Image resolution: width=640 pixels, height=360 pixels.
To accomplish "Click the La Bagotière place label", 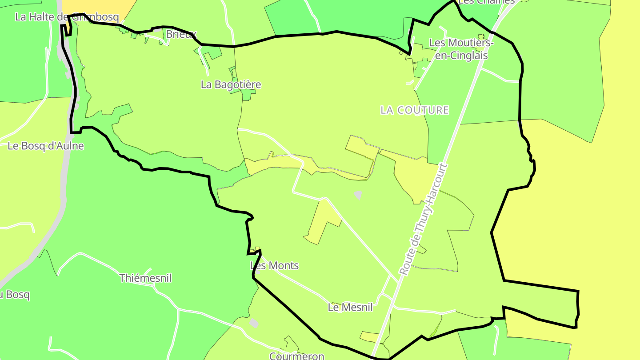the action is tap(231, 84).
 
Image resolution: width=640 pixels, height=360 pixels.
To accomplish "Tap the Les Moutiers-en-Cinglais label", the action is tap(461, 49).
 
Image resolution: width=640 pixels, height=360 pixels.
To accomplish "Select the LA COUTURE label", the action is tap(415, 110).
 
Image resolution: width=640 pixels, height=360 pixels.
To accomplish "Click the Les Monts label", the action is tap(274, 266).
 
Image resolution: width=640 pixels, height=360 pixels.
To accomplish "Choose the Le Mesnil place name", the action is tap(350, 307).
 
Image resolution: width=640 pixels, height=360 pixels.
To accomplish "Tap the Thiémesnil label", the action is tap(145, 278).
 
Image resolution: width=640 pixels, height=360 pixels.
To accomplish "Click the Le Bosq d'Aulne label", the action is tap(46, 146).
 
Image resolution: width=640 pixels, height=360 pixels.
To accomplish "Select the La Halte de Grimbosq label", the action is tap(67, 17).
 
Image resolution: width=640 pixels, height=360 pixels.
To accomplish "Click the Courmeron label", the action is tap(296, 356).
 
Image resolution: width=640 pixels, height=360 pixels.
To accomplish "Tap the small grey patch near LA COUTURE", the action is tap(358, 195).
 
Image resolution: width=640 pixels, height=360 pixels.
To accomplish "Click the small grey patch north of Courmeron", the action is tap(253, 323).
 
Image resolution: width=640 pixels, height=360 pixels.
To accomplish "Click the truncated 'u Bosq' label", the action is tap(15, 295).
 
